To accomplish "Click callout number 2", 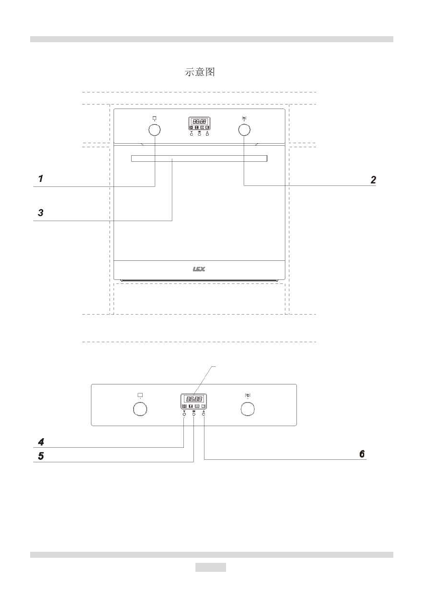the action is point(373,179).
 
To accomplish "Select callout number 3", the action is point(41,213).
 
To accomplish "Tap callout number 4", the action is point(41,442).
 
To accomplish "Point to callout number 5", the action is point(41,456).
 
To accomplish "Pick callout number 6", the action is point(362,453).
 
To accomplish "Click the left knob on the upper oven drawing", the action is point(155,130).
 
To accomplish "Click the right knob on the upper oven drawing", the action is point(244,130).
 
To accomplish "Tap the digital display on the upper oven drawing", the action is point(199,122).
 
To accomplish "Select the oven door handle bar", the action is point(199,159).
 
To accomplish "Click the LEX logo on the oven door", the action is point(199,269).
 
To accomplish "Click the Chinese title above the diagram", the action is point(200,72).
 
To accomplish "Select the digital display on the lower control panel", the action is point(194,398).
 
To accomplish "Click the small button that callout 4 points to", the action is point(184,416).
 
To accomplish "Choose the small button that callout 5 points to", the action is point(194,416).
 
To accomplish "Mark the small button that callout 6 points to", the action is point(204,416).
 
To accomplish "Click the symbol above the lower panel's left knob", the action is point(140,394).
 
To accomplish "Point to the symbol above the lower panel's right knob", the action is point(247,394).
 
